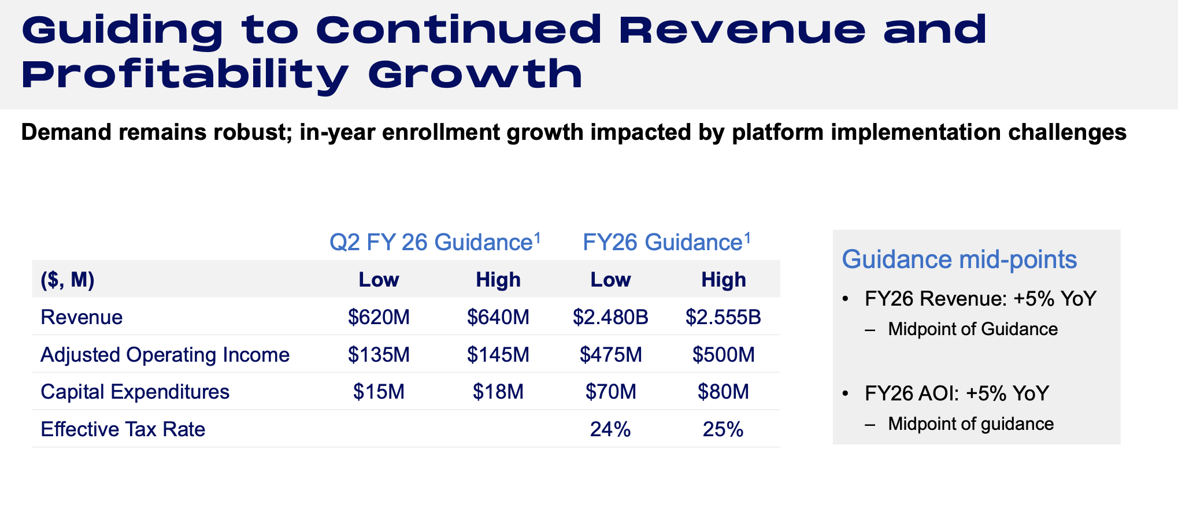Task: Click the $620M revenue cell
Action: pos(379,317)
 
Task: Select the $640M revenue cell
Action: pos(498,317)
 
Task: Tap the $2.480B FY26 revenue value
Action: pos(610,317)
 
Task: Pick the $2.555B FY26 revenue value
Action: pos(723,317)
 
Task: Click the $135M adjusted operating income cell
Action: pos(379,355)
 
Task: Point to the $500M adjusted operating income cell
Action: pos(723,355)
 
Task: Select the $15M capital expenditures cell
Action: pos(379,392)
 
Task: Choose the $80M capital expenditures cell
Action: pos(723,392)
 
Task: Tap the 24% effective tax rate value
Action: pos(610,429)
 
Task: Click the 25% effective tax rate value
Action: pos(723,429)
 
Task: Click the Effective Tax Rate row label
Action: pos(123,429)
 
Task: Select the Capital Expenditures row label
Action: pos(135,392)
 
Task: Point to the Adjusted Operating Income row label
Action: pos(165,355)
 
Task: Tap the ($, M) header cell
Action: pos(68,280)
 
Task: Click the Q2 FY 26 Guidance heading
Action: pos(435,242)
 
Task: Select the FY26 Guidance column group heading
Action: pos(666,242)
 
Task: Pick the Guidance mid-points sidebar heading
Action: pos(959,259)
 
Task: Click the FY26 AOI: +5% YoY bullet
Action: pos(956,393)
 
